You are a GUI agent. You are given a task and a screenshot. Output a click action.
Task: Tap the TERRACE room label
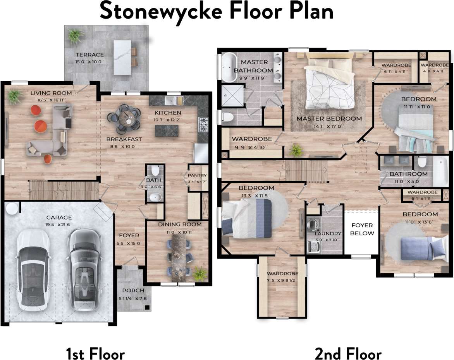[89, 55]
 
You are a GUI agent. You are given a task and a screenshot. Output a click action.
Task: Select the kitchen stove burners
[203, 123]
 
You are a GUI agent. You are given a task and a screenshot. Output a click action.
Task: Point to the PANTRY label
[197, 175]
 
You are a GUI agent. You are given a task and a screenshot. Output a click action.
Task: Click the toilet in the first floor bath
[156, 170]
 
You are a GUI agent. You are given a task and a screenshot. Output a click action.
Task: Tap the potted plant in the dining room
[200, 274]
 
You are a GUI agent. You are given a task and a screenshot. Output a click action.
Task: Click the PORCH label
[133, 290]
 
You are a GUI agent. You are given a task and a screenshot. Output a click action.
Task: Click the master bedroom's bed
[329, 83]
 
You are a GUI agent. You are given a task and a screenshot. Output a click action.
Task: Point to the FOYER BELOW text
[362, 229]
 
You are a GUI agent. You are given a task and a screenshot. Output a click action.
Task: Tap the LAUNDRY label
[328, 233]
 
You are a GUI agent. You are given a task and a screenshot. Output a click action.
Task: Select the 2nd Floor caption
[348, 354]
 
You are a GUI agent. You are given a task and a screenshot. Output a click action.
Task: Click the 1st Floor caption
[95, 354]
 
